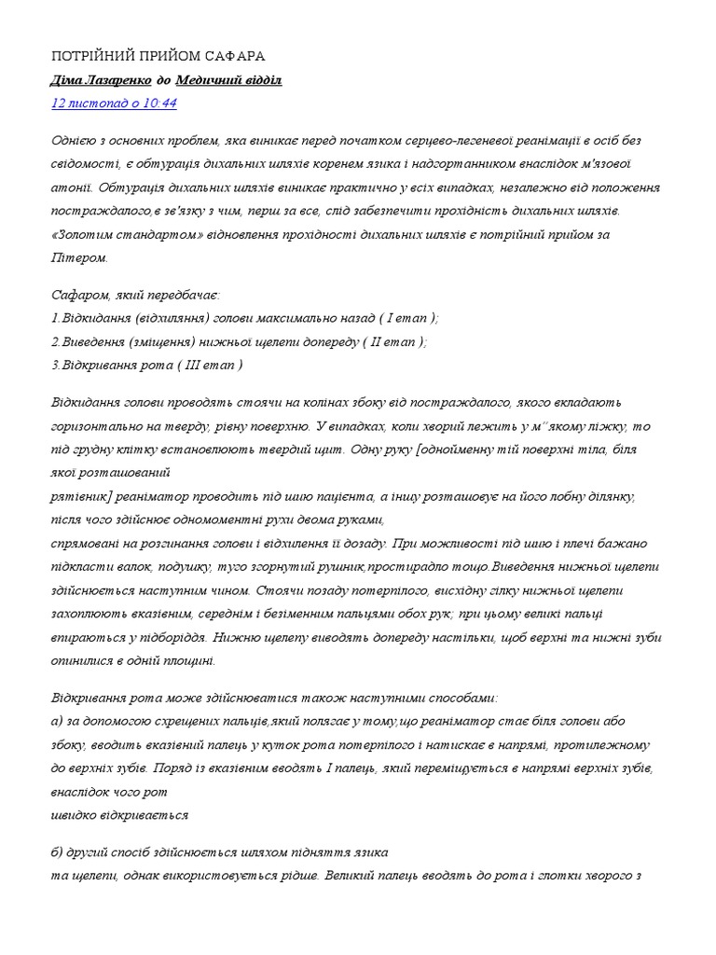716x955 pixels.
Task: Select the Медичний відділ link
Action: pos(227,80)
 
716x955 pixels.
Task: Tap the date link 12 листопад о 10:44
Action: pos(113,104)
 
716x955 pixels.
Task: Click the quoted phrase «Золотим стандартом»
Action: pos(108,234)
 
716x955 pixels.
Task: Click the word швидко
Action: pos(72,814)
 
